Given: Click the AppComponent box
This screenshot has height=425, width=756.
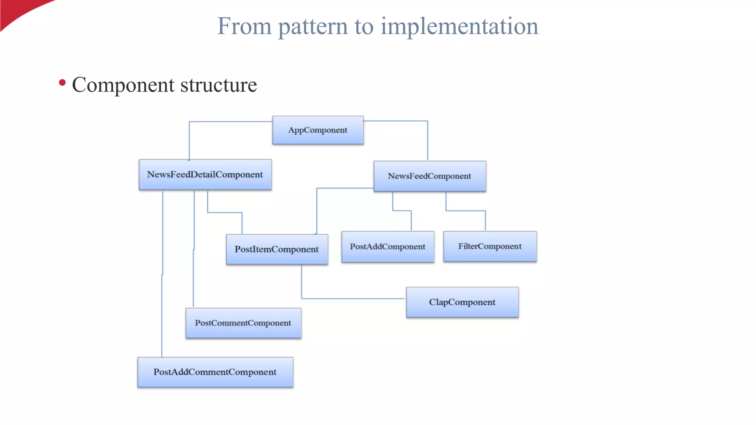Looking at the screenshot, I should pyautogui.click(x=318, y=130).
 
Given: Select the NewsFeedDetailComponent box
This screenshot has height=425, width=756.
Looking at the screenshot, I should pyautogui.click(x=205, y=175).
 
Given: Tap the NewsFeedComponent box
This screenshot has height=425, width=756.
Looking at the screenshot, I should pyautogui.click(x=430, y=176).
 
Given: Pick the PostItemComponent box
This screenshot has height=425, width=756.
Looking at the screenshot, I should pyautogui.click(x=277, y=249).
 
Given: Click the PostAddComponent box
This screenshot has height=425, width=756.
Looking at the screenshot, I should pyautogui.click(x=388, y=246).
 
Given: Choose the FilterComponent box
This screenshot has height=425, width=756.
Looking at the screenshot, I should pyautogui.click(x=490, y=246).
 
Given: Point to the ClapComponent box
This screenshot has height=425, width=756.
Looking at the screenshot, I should pyautogui.click(x=462, y=302).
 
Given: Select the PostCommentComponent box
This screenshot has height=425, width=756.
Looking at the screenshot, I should pyautogui.click(x=243, y=323).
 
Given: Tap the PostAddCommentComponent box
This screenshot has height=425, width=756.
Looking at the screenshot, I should pyautogui.click(x=215, y=372).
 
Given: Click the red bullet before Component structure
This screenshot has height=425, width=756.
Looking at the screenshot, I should pyautogui.click(x=62, y=83).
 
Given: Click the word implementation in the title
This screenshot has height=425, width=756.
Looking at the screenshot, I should pyautogui.click(x=459, y=27).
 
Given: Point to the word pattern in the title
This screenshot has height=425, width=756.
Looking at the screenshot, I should pyautogui.click(x=313, y=27).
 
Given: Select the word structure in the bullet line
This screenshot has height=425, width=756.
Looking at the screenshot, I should pyautogui.click(x=218, y=85).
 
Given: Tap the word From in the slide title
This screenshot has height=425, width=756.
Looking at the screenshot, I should pyautogui.click(x=244, y=27).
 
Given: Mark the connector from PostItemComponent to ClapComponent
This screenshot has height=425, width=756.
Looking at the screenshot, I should pyautogui.click(x=351, y=298).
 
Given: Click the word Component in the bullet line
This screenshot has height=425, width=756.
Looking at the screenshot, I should pyautogui.click(x=123, y=85).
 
